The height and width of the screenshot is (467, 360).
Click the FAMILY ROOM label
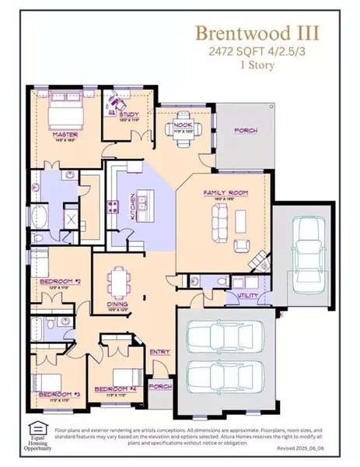pyautogui.click(x=219, y=191)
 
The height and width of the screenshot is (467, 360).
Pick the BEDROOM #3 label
pyautogui.click(x=55, y=395)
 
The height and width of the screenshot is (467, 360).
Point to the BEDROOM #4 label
pyautogui.click(x=110, y=388)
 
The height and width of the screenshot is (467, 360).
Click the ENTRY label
pyautogui.click(x=159, y=352)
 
